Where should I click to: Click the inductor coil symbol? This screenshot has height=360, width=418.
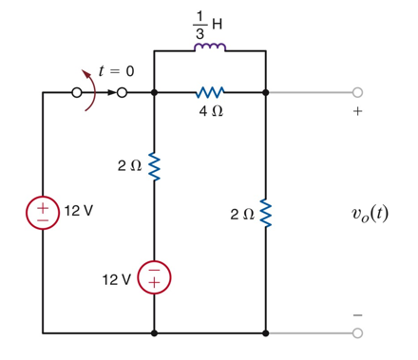pos(210,48)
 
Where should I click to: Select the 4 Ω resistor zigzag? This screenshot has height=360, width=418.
pos(209,93)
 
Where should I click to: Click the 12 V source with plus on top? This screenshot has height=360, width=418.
pos(43,210)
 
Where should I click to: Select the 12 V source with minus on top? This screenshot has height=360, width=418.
pos(154,276)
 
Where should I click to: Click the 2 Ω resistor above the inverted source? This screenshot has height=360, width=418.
pos(154,167)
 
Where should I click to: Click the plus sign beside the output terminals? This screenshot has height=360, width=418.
pos(357,112)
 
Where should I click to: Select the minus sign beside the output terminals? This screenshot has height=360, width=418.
pos(357,314)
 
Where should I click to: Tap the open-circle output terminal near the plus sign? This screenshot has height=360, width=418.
pos(357,93)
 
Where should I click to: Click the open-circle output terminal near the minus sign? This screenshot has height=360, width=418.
pos(357,333)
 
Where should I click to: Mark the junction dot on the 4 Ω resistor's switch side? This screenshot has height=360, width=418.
pos(154,93)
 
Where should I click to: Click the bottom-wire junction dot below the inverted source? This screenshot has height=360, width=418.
pos(154,333)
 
